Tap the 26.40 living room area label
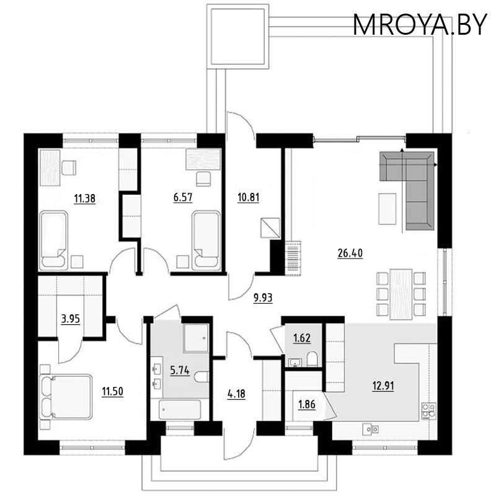point(351,253)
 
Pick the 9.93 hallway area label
point(263,297)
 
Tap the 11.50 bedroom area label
point(113,391)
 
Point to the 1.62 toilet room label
point(303,339)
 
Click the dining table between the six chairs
point(402,293)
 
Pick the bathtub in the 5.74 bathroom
point(180,410)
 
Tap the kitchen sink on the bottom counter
point(372,428)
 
